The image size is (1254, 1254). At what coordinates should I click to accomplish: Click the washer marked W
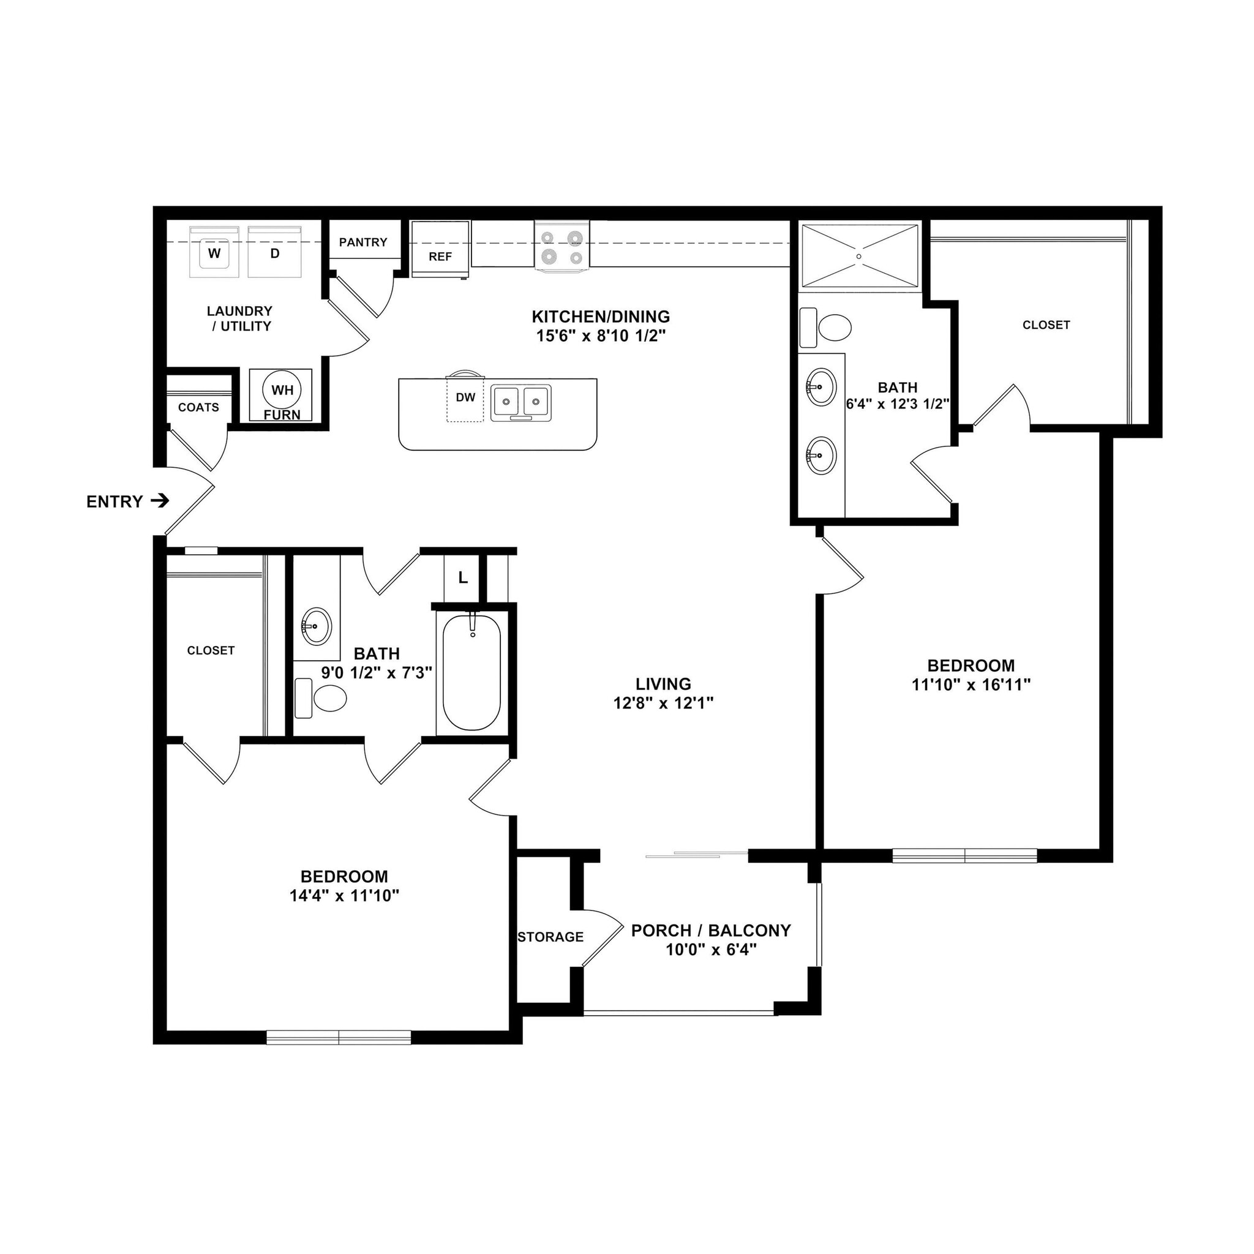pos(214,252)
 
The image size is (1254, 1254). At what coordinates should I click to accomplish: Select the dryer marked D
pos(274,252)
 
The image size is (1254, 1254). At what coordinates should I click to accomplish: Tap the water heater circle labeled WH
pos(282,390)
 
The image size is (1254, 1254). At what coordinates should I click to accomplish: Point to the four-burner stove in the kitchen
pos(562,247)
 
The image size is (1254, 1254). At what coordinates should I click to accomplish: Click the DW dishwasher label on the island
pos(465,397)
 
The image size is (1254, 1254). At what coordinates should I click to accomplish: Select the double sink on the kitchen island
pos(520,402)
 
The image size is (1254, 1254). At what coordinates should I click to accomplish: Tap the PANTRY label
pos(363,242)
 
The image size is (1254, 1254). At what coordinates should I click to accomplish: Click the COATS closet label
pos(198,408)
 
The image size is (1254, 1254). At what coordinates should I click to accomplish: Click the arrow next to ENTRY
pos(160,500)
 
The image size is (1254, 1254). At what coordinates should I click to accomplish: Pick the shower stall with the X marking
pos(858,256)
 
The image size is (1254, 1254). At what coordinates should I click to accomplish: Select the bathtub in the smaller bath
pos(472,672)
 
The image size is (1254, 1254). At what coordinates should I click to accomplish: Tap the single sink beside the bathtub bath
pos(316,626)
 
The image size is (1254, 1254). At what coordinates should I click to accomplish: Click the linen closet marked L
pos(462,577)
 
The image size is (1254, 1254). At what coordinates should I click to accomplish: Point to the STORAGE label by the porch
pos(550,937)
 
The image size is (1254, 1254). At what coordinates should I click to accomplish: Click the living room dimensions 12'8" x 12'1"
pos(663,702)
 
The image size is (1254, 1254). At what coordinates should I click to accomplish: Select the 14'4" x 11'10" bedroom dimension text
pos(344,896)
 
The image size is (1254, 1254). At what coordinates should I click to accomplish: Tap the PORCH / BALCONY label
pos(711,930)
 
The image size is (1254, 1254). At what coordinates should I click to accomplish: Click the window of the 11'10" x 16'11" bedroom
pos(964,856)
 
